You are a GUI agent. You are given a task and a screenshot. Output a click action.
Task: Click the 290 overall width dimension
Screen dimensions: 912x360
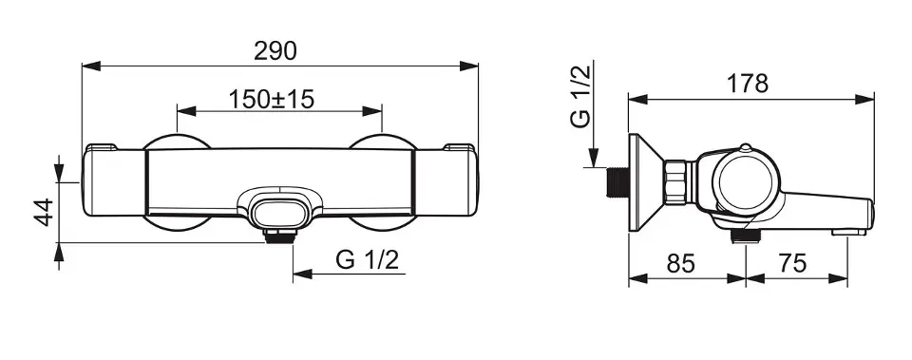click(x=275, y=51)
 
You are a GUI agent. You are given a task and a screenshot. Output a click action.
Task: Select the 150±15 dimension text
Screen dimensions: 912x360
click(x=271, y=100)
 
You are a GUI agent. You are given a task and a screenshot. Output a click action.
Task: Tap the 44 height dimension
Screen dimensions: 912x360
click(x=45, y=212)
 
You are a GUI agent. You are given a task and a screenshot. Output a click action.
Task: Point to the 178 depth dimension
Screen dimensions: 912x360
click(x=748, y=84)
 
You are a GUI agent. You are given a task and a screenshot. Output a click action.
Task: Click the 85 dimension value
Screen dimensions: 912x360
click(x=680, y=263)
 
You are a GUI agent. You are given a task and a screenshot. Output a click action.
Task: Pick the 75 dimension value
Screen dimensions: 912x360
click(x=792, y=263)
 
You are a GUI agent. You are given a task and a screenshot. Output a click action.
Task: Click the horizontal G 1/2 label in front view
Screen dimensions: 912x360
click(x=368, y=259)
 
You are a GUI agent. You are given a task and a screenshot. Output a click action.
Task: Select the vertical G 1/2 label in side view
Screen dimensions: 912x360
click(x=581, y=97)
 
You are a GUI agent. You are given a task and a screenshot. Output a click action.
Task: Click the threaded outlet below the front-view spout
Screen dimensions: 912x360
click(x=279, y=236)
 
